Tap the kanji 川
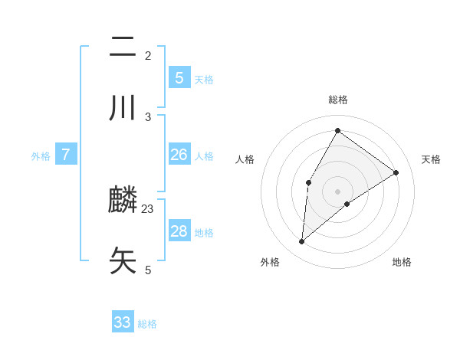click(x=123, y=108)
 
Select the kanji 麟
click(x=123, y=201)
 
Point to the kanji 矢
click(x=123, y=260)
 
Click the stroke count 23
click(x=148, y=208)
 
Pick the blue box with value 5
click(x=179, y=77)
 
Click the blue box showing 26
click(x=179, y=155)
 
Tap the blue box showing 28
click(x=179, y=231)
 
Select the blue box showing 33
click(x=123, y=322)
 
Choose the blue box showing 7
click(x=66, y=155)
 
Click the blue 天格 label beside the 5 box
click(x=204, y=79)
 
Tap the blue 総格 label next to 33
click(x=147, y=324)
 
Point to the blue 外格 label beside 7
click(x=41, y=156)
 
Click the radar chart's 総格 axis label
click(x=337, y=100)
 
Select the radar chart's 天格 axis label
click(x=431, y=159)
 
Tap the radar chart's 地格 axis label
click(x=402, y=262)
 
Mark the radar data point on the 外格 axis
click(x=302, y=242)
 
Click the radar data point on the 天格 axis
click(x=396, y=172)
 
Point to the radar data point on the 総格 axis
click(x=337, y=130)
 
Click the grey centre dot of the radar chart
click(x=337, y=191)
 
